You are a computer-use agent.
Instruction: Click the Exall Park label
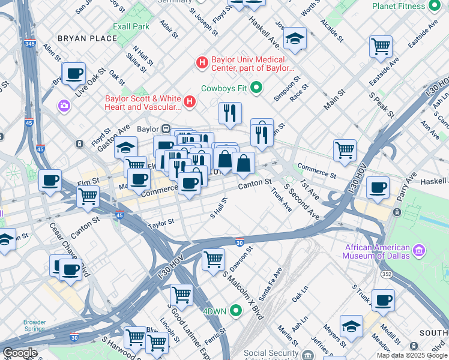point(131,26)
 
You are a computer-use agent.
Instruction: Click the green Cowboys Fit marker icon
point(257,88)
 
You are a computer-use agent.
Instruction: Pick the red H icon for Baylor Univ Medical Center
point(202,62)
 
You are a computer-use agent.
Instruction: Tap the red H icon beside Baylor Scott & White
point(190,101)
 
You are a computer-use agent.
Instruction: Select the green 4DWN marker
point(236,310)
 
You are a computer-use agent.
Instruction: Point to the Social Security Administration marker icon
point(307,355)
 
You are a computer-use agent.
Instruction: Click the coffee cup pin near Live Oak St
point(74,74)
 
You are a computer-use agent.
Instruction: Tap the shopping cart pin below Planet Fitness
point(381,46)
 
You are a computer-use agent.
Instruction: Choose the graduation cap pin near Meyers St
point(351,326)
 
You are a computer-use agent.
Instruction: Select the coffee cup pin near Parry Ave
point(378,187)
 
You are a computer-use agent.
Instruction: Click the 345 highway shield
point(29,44)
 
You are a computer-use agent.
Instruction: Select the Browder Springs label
point(34,325)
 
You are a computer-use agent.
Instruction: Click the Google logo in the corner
point(20,353)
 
